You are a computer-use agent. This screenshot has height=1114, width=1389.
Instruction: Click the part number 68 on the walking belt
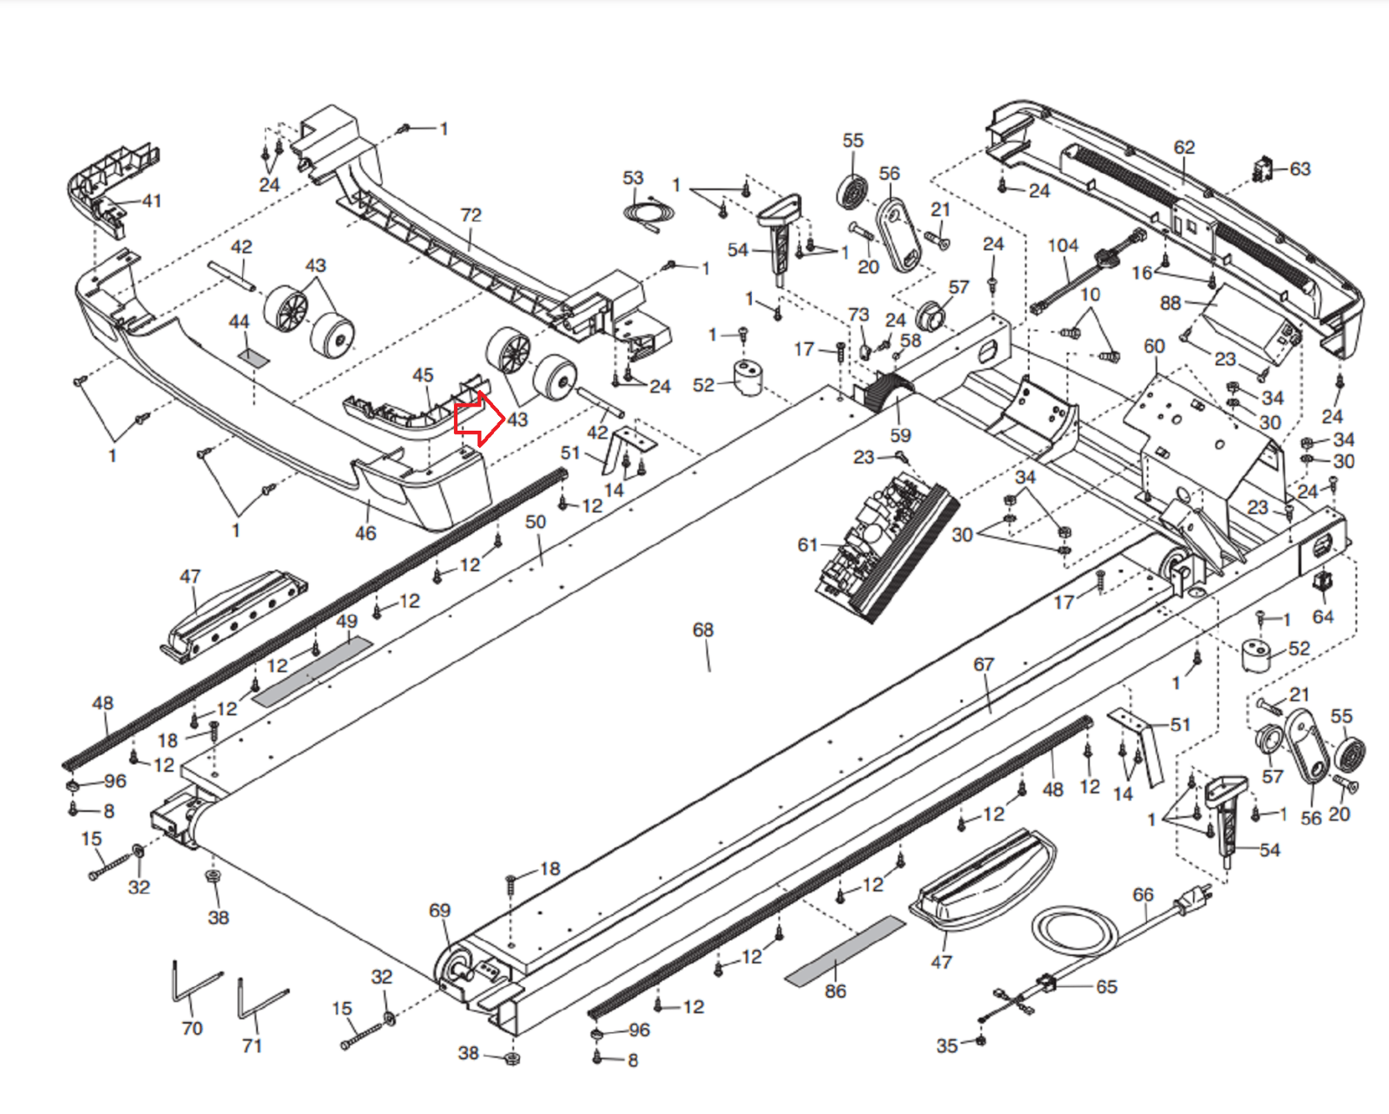pyautogui.click(x=702, y=630)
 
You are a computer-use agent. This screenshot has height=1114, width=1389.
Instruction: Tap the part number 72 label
pyautogui.click(x=471, y=214)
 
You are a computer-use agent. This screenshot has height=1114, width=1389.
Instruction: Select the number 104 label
pyautogui.click(x=1063, y=246)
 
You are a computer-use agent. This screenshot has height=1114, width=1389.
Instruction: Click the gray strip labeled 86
pyautogui.click(x=845, y=950)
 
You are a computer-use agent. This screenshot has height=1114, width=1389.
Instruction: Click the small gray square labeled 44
pyautogui.click(x=253, y=355)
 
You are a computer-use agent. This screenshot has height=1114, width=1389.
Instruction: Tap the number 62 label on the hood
pyautogui.click(x=1184, y=148)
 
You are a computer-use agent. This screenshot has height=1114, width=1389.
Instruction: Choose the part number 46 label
pyautogui.click(x=365, y=533)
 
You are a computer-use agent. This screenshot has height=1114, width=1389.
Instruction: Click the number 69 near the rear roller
pyautogui.click(x=439, y=910)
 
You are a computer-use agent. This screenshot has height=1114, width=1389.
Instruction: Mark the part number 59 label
pyautogui.click(x=900, y=435)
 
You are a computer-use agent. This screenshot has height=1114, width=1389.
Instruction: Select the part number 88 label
pyautogui.click(x=1170, y=303)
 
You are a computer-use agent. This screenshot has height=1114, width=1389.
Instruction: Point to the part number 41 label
pyautogui.click(x=152, y=201)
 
